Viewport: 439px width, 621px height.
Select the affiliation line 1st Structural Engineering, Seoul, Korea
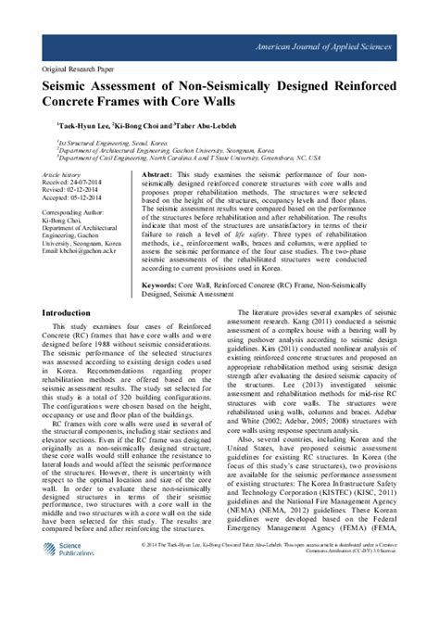[x=114, y=143]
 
